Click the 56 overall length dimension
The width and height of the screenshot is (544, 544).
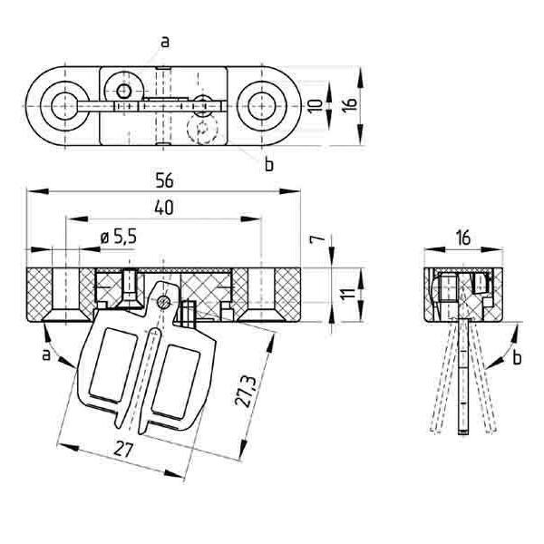(x=164, y=180)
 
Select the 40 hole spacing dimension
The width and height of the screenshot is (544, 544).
(x=163, y=208)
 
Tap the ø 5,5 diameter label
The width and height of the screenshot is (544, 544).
(x=118, y=237)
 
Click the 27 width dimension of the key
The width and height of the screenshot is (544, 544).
(x=125, y=448)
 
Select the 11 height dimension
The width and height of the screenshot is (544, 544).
(x=346, y=296)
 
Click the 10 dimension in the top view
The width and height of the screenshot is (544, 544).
(x=313, y=105)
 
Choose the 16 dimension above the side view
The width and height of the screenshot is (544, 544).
(x=461, y=238)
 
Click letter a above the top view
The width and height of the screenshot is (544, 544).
(x=164, y=41)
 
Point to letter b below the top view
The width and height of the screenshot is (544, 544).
(x=268, y=164)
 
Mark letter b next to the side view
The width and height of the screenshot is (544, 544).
(x=517, y=358)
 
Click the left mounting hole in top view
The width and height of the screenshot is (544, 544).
(x=64, y=105)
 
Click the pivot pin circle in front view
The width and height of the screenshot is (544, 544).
(x=163, y=300)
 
